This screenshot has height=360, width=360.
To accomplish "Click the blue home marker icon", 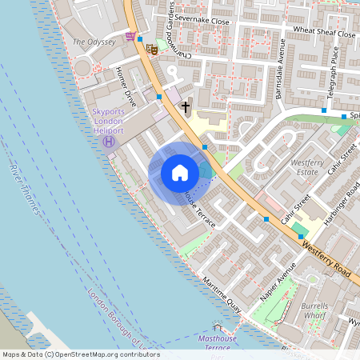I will [180, 173].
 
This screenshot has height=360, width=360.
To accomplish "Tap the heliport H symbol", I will [108, 142].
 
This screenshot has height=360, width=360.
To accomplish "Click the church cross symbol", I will [186, 106].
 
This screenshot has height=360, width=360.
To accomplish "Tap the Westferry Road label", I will [327, 262].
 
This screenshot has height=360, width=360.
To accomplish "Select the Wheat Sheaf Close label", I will [324, 34].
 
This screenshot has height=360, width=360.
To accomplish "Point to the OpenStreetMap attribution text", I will [80, 354].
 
